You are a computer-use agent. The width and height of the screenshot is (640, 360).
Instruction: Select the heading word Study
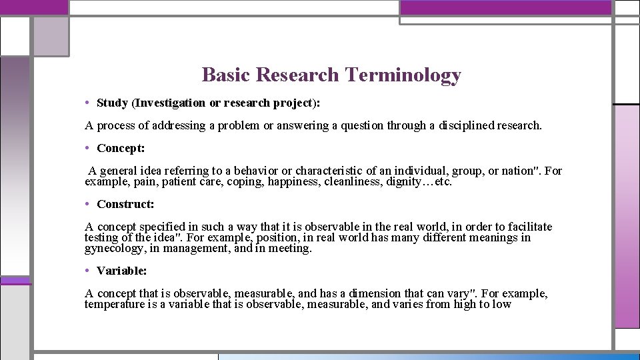tap(113, 103)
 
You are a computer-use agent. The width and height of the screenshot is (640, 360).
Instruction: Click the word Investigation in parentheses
tap(170, 103)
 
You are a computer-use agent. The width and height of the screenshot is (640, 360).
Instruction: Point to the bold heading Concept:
tap(121, 148)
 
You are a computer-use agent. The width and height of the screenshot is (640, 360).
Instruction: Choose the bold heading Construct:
tap(125, 204)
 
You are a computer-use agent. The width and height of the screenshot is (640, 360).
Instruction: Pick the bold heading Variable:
tap(122, 271)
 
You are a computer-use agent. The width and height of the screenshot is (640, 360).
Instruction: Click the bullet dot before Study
tap(88, 103)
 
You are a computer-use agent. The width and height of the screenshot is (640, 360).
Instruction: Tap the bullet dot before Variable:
tap(88, 271)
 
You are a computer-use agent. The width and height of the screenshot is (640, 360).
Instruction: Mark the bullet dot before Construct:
tap(88, 204)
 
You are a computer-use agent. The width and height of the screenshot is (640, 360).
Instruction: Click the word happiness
tap(293, 181)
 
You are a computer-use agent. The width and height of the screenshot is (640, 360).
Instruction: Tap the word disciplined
tap(466, 125)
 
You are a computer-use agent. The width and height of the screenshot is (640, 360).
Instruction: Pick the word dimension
tap(373, 293)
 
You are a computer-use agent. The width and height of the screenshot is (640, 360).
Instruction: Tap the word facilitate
tap(529, 227)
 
